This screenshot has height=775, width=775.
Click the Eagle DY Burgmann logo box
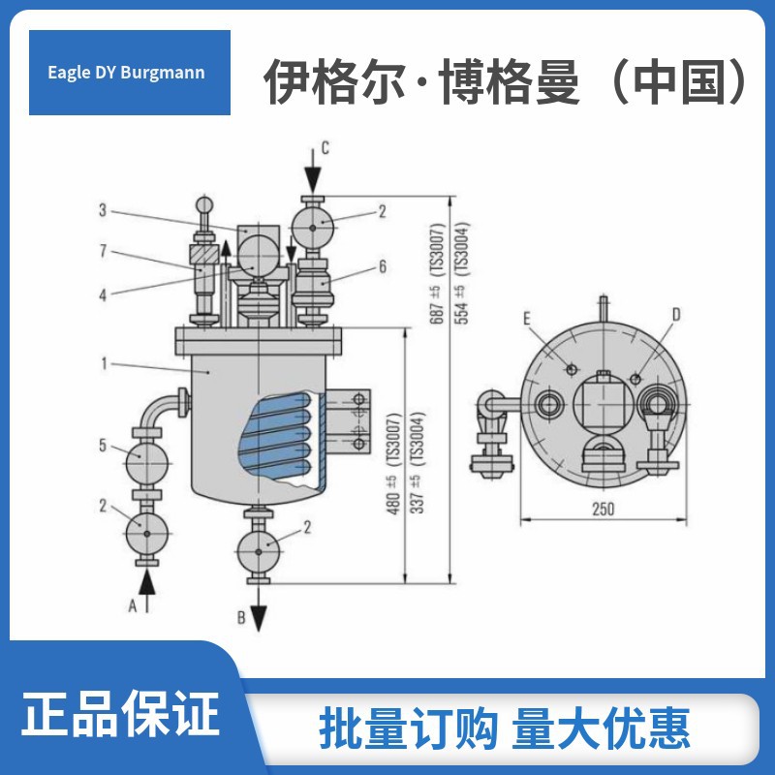(x=129, y=73)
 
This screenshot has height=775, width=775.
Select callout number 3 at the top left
(x=102, y=209)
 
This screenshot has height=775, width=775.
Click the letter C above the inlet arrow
(x=325, y=148)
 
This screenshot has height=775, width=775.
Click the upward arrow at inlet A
(x=146, y=585)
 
